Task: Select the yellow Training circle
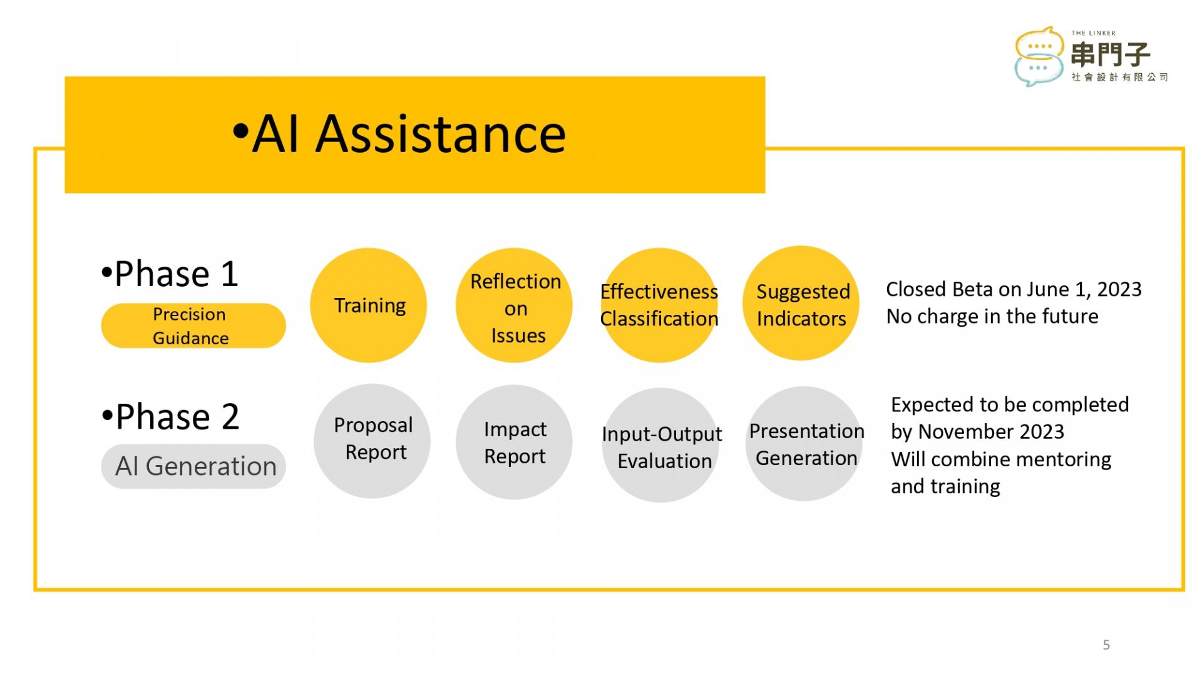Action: (x=369, y=305)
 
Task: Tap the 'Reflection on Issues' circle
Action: (x=514, y=305)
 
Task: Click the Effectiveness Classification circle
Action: (x=659, y=305)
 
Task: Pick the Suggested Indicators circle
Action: (x=801, y=304)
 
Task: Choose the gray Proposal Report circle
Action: (x=372, y=441)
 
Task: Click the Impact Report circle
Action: (x=514, y=443)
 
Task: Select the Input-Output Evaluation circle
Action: (x=660, y=445)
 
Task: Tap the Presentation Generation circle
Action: (x=804, y=444)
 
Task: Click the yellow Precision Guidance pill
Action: (x=193, y=325)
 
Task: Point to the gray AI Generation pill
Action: (x=193, y=466)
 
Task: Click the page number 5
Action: (x=1106, y=645)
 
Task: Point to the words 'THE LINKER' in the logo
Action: (x=1093, y=33)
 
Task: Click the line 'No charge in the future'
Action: (x=992, y=316)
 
